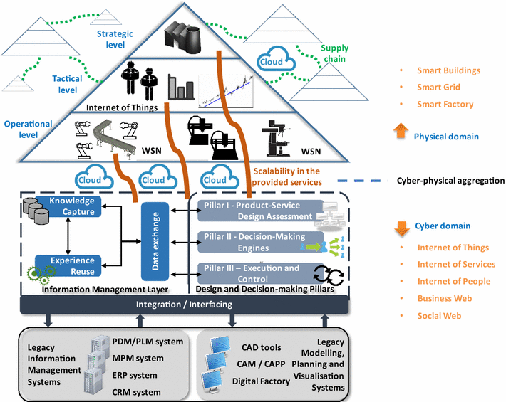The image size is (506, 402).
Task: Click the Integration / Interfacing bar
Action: tap(184, 305)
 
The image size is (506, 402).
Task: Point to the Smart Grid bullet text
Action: tap(438, 88)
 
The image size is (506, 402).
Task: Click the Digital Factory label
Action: tap(261, 381)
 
